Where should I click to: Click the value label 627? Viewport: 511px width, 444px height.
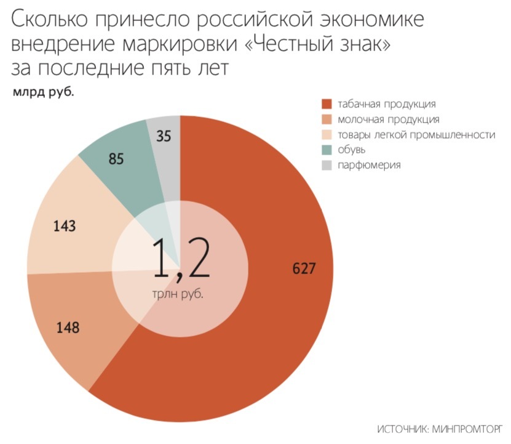pos(304,268)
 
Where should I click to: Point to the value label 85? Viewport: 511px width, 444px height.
pos(116,159)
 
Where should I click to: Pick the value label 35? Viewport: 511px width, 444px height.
pos(164,137)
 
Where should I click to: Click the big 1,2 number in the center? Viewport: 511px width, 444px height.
pos(180,261)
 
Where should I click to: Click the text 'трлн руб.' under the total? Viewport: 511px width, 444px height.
pos(178,294)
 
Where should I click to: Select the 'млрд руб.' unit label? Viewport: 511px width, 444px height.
pos(43,93)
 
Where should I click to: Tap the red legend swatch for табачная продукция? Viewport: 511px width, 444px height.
pos(327,104)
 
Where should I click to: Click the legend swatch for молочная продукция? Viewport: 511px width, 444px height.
pos(327,119)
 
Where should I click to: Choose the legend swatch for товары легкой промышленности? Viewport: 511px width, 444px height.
pos(327,135)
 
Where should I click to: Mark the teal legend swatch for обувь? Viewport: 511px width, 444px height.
pos(327,150)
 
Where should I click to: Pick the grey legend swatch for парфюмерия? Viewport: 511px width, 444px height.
pos(327,166)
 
